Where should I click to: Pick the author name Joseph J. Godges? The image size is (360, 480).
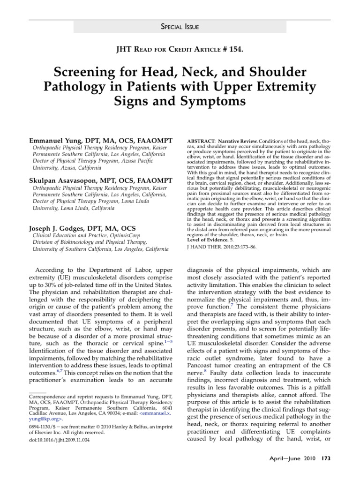click(x=59, y=228)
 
